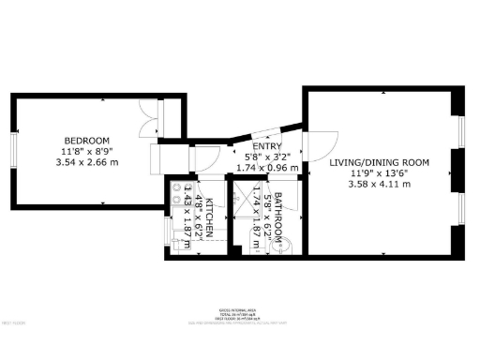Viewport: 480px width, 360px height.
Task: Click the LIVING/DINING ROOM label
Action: click(379, 162)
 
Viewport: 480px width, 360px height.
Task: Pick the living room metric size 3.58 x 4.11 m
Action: click(379, 184)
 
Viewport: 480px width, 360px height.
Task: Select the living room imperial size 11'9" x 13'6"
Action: click(379, 173)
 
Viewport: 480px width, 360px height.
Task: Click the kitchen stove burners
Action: click(176, 192)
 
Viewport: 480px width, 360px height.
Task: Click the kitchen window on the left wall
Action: click(166, 231)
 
